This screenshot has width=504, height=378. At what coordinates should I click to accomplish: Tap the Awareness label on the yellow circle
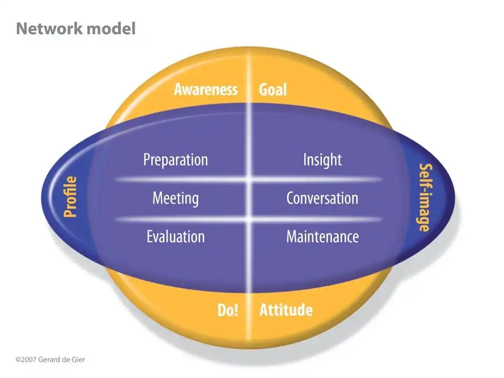tap(206, 89)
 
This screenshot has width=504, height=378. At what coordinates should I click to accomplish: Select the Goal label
tap(273, 89)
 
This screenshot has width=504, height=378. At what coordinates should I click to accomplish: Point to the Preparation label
tap(175, 160)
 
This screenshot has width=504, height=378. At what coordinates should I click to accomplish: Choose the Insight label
tap(322, 160)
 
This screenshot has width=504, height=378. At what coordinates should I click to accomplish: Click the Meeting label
tap(175, 198)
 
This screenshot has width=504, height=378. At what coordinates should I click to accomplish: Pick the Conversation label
tap(322, 198)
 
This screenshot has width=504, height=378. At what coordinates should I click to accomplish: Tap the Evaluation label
tap(175, 236)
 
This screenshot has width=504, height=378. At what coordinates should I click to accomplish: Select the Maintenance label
tap(322, 236)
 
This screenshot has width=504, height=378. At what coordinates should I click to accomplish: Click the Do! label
tap(228, 310)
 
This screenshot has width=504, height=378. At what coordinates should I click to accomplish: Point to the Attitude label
tap(286, 310)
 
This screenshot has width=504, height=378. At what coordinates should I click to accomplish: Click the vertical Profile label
tap(70, 197)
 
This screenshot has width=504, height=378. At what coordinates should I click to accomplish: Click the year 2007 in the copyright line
tap(29, 360)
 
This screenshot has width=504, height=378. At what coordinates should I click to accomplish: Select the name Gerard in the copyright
tap(49, 360)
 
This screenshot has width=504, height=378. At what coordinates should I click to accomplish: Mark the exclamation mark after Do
tap(236, 310)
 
